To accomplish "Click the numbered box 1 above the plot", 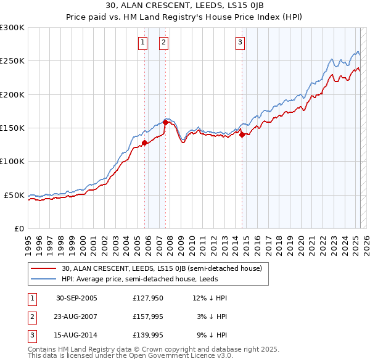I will click(142, 43).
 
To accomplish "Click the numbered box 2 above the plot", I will click(163, 43).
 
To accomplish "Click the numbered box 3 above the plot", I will click(239, 43).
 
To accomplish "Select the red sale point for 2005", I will click(144, 143).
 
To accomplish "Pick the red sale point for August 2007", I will click(165, 123).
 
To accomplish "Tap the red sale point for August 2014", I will click(242, 134).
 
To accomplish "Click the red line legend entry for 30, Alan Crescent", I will click(162, 268).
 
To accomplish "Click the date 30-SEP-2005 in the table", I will click(76, 298).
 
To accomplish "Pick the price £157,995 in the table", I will click(146, 316).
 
